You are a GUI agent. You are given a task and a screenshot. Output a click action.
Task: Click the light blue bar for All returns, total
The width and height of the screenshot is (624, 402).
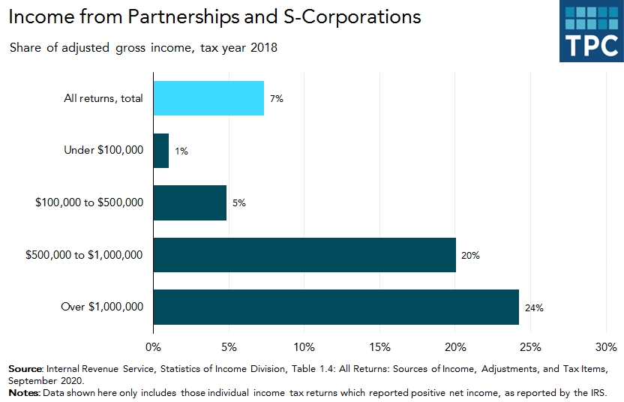click(x=208, y=98)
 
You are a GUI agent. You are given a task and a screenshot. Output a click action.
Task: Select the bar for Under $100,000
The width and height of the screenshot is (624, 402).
click(x=160, y=151)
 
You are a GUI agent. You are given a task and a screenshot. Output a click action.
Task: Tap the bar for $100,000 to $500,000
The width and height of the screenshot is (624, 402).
click(x=190, y=202)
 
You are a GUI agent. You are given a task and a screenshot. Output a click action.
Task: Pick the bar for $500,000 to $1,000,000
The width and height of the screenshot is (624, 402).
click(x=304, y=255)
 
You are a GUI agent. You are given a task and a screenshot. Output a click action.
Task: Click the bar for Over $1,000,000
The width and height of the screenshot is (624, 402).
click(x=336, y=307)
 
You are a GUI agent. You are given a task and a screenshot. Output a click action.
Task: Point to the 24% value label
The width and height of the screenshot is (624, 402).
click(x=534, y=307)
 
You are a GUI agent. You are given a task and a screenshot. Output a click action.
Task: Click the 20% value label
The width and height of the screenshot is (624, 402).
click(x=470, y=256)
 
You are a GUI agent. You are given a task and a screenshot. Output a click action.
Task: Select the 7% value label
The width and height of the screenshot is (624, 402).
click(x=277, y=99)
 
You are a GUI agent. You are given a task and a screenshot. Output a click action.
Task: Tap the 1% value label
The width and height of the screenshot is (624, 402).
click(x=181, y=151)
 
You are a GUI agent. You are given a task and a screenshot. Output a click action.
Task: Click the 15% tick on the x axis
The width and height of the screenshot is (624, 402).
click(x=379, y=347)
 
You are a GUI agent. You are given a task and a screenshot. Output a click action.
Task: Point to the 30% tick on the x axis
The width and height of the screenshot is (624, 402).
click(x=605, y=347)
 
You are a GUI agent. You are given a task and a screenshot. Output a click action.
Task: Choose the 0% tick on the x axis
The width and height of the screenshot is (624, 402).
click(x=153, y=347)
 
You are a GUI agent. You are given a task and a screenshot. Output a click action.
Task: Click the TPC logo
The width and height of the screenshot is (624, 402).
click(x=590, y=31)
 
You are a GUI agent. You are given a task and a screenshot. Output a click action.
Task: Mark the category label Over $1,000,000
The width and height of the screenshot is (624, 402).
click(x=101, y=307)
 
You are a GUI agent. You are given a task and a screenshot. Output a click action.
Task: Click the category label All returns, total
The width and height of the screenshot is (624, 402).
click(x=104, y=98)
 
